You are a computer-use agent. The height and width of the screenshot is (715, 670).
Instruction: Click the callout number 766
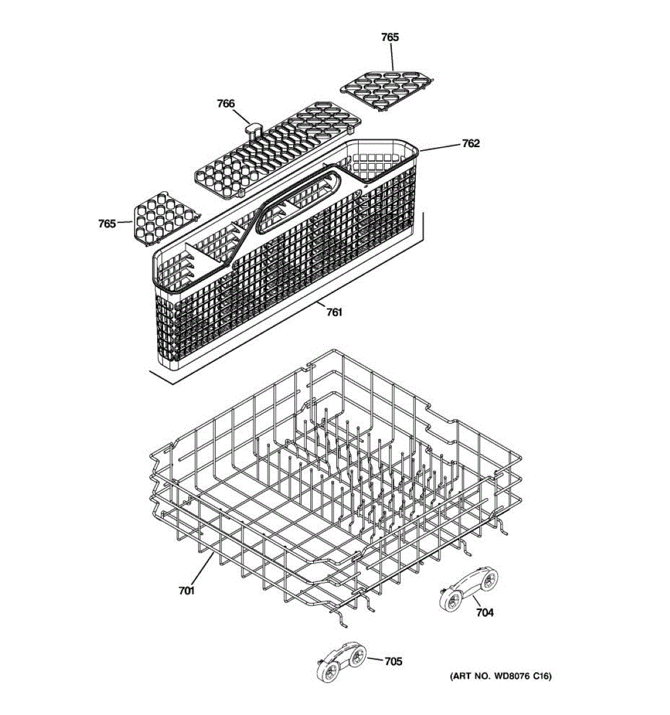pos(226,104)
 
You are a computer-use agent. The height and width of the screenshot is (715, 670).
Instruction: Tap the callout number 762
pos(470,144)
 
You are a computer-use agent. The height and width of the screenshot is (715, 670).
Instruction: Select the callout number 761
pos(334,311)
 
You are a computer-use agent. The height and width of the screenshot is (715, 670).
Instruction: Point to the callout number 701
pos(186,590)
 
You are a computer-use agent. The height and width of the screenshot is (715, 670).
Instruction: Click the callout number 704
pos(485,612)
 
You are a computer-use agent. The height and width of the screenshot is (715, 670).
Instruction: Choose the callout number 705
pos(393,661)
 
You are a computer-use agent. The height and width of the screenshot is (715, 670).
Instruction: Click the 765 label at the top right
pos(389,37)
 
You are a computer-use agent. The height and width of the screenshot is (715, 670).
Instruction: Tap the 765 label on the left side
pos(107,223)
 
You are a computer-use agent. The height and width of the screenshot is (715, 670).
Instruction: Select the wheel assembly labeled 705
pos(341,661)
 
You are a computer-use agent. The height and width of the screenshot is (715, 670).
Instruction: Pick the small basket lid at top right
pos(388,89)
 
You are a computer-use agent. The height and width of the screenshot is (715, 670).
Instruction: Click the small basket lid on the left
pos(164,217)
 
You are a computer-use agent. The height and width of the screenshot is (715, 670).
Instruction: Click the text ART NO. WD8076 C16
pos(500,676)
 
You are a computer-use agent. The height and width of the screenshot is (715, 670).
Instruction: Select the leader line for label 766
pos(242,117)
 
